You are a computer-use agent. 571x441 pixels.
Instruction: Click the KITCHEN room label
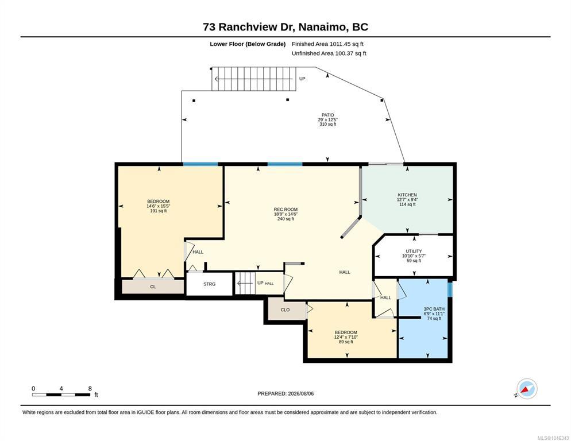(x=407, y=195)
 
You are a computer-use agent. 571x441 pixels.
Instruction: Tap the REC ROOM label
(x=285, y=210)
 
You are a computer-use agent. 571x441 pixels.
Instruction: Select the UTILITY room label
(x=414, y=252)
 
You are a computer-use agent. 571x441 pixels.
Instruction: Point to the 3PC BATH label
(x=434, y=309)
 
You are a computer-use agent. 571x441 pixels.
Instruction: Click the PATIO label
(x=328, y=115)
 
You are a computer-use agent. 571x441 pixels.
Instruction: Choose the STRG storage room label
(x=210, y=284)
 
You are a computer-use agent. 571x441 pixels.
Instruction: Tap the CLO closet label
(x=285, y=310)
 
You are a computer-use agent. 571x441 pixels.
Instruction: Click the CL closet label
(x=153, y=287)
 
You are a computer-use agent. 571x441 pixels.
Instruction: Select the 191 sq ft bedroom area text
(x=159, y=211)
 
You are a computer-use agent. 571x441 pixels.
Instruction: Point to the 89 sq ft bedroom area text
(x=346, y=342)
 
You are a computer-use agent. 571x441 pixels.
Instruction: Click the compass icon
(x=527, y=389)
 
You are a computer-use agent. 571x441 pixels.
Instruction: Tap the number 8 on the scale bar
(x=90, y=389)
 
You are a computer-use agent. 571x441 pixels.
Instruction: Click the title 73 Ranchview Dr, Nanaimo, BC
(x=285, y=27)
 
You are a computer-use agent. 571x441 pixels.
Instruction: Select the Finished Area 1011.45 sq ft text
(x=328, y=44)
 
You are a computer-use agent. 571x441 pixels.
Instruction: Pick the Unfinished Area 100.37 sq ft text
(x=329, y=53)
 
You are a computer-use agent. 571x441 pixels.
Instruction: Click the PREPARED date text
(x=285, y=394)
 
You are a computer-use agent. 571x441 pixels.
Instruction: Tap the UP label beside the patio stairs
(x=302, y=79)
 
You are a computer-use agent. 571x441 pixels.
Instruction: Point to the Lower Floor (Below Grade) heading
(x=248, y=44)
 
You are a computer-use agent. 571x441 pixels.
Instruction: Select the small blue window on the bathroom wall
(x=450, y=289)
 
